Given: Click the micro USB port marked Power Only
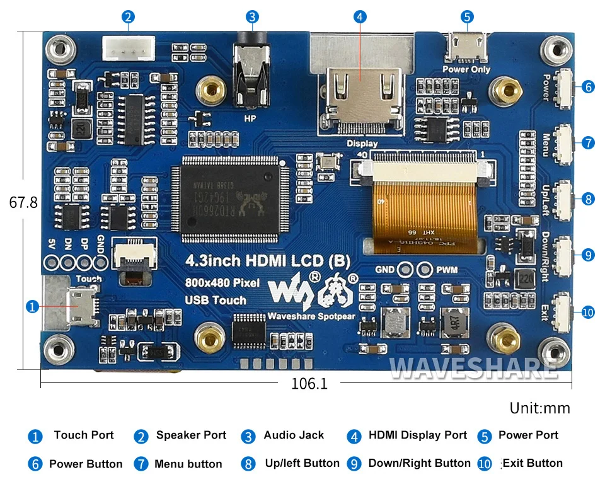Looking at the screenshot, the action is pos(466,45).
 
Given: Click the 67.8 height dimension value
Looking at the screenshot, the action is pos(23,203).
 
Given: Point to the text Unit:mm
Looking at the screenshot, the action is pos(539,408).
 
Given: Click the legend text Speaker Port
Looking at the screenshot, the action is pos(191,435).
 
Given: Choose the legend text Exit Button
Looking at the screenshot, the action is pos(533,464).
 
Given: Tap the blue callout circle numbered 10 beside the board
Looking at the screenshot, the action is pos(587,312).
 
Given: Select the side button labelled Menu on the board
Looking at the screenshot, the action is pos(563,142).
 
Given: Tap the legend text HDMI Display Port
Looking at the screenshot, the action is pos(418,435).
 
